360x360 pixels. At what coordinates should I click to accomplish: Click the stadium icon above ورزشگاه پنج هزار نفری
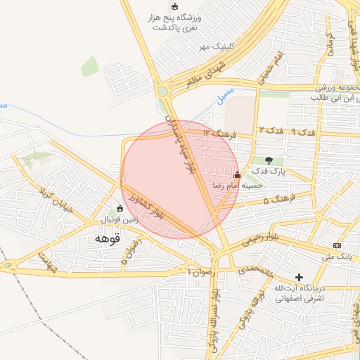tap(174, 6)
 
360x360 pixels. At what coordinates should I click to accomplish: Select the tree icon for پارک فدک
tap(269, 160)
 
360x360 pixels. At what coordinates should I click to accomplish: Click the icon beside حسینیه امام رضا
tap(236, 174)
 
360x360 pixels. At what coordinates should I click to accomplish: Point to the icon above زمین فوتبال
tap(120, 208)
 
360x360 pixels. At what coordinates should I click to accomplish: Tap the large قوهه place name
tap(107, 238)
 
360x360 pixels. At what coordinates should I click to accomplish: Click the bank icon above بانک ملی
tap(337, 245)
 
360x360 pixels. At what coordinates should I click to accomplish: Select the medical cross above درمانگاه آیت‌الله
tap(300, 278)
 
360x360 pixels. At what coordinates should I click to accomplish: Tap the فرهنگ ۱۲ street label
tap(217, 132)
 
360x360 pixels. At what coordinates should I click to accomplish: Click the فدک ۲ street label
tap(271, 131)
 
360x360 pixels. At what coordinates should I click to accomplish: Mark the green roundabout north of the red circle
tap(163, 91)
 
